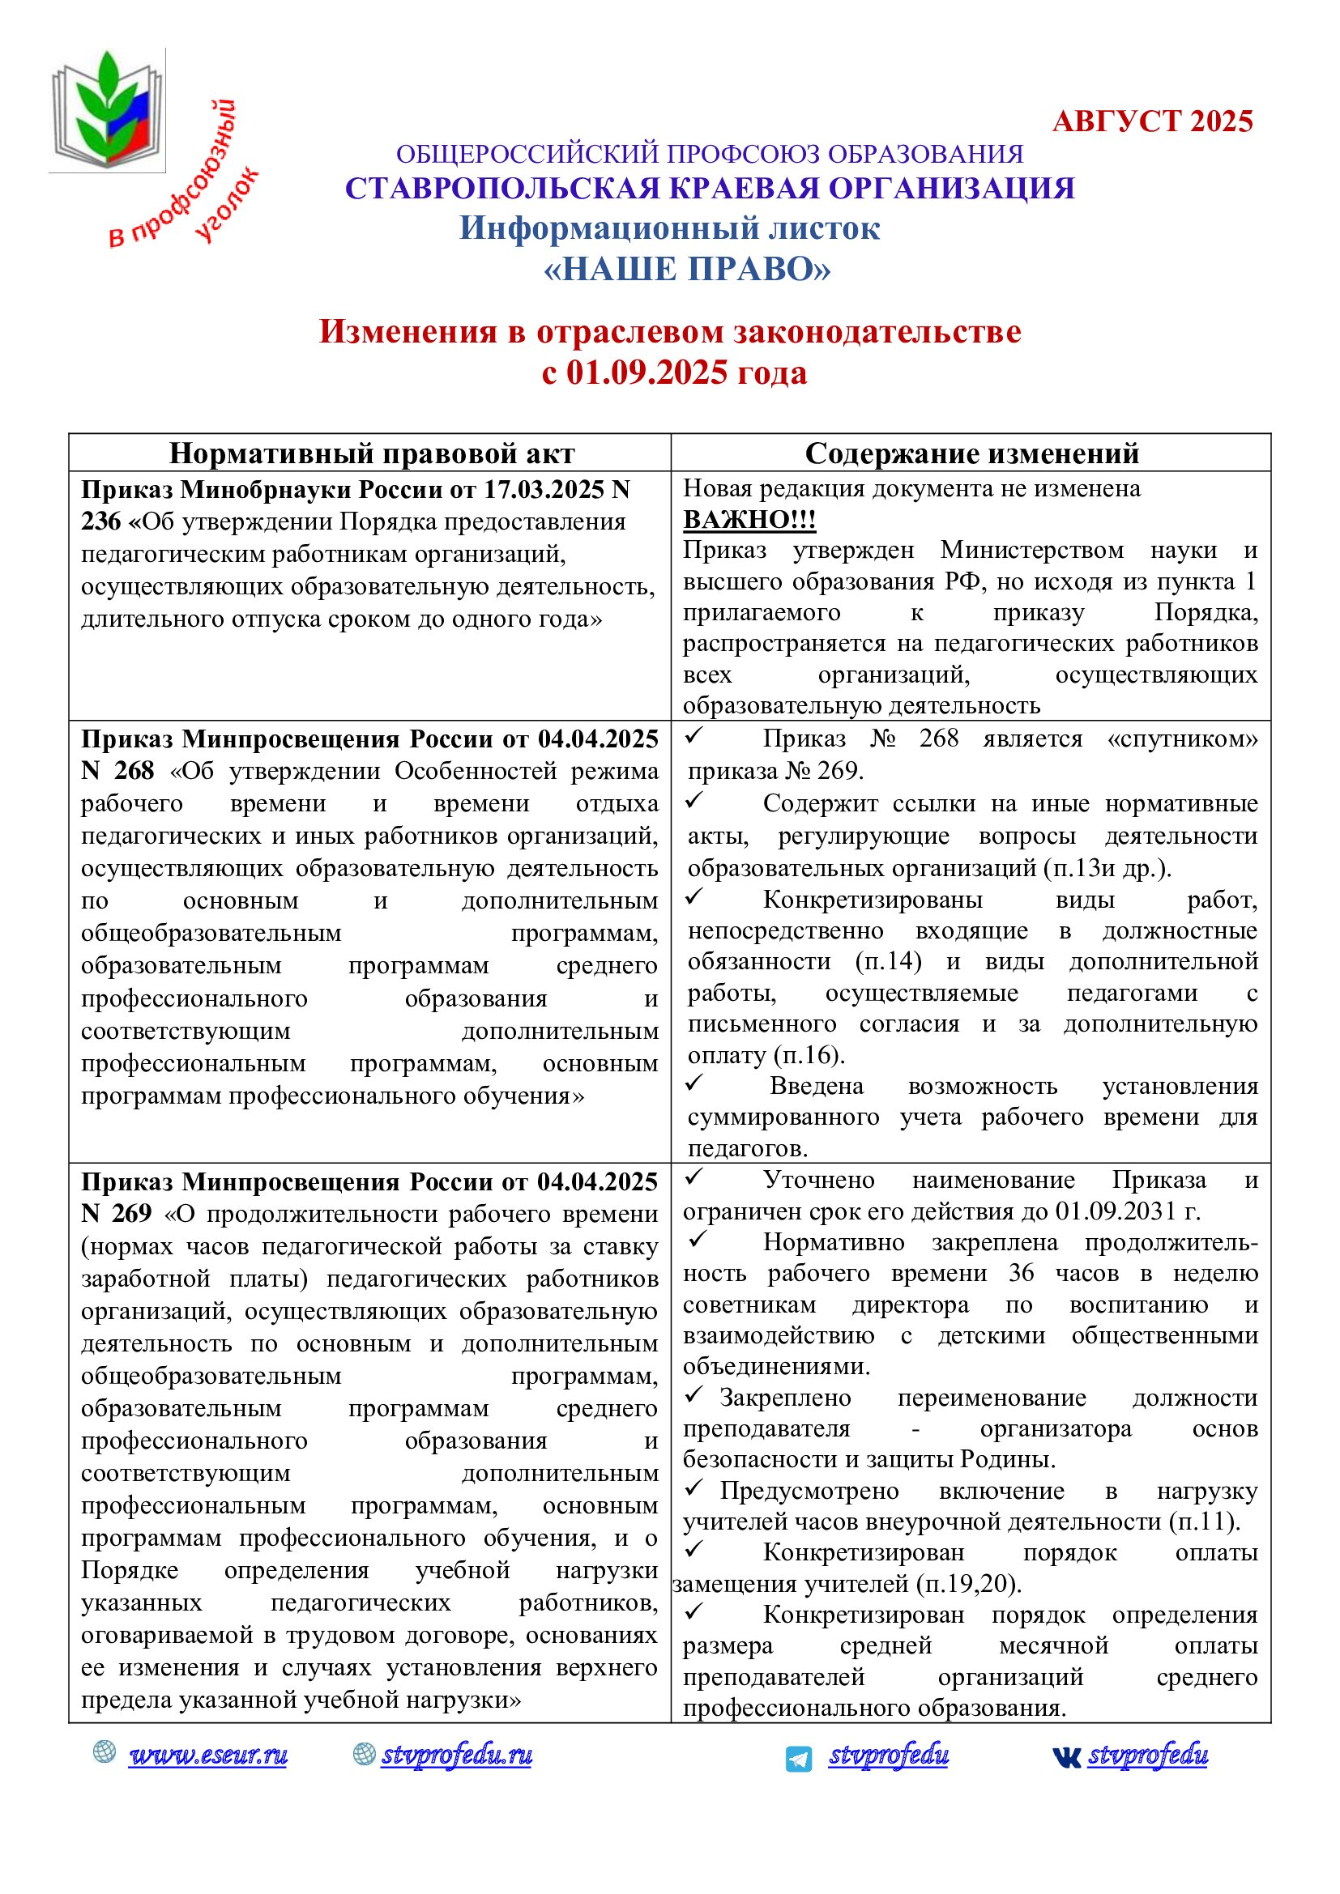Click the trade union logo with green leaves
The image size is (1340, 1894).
coord(107,109)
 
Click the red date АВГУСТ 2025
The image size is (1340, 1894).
coord(1152,121)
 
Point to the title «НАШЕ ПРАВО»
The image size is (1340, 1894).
coord(686,270)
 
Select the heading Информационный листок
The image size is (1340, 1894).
coord(669,228)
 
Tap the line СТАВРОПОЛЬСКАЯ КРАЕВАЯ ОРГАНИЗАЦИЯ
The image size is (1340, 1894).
coord(710,189)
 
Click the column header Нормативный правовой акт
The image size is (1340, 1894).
coord(371,453)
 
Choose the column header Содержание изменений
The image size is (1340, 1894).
coord(971,453)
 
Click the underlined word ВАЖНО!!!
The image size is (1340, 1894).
coord(749,520)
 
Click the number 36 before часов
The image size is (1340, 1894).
coord(1021,1273)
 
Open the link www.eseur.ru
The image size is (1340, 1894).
coord(208,1755)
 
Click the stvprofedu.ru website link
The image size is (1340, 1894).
coord(456,1755)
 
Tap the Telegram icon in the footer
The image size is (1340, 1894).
coord(798,1759)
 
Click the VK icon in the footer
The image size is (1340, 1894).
coord(1066,1758)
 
